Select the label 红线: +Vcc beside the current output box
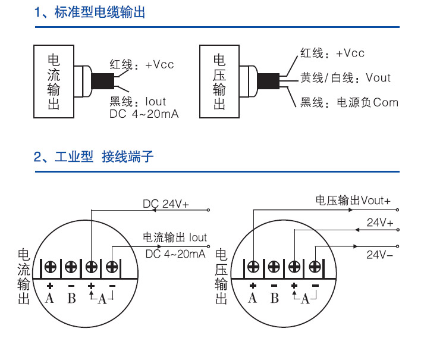(142, 64)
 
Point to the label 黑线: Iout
(138, 102)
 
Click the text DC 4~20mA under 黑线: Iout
(144, 114)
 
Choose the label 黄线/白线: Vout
(346, 78)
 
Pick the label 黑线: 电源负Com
(349, 103)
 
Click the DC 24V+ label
(165, 204)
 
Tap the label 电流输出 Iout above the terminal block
(175, 238)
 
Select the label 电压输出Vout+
(353, 201)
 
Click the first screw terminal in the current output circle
(50, 267)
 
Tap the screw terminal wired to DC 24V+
(92, 267)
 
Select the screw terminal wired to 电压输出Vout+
(253, 267)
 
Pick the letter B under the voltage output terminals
(274, 298)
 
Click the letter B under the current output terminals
(71, 298)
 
